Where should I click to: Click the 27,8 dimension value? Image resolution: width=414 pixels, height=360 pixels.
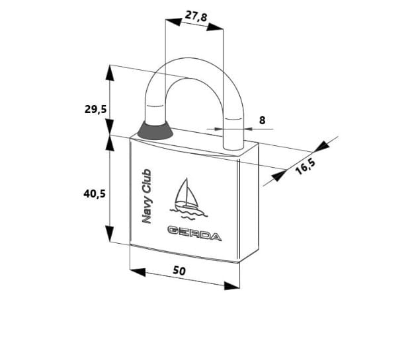pyautogui.click(x=196, y=16)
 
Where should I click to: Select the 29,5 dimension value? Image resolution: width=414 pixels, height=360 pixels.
pyautogui.click(x=95, y=109)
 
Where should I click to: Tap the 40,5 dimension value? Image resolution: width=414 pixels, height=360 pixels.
pyautogui.click(x=95, y=194)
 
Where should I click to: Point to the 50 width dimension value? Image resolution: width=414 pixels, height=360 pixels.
pyautogui.click(x=179, y=271)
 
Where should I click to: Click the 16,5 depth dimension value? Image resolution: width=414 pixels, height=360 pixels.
pyautogui.click(x=305, y=167)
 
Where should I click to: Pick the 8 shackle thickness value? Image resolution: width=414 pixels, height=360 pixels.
pyautogui.click(x=262, y=120)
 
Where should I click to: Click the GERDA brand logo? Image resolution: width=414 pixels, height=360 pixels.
pyautogui.click(x=194, y=233)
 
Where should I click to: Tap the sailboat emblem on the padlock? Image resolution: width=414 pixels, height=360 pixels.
pyautogui.click(x=188, y=199)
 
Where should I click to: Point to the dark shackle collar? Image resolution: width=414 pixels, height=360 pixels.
pyautogui.click(x=155, y=131)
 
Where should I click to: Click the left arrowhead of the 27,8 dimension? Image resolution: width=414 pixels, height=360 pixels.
pyautogui.click(x=173, y=22)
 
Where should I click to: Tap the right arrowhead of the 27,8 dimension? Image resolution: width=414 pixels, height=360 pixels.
pyautogui.click(x=215, y=27)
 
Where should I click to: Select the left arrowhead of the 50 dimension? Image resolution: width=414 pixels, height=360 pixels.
pyautogui.click(x=138, y=272)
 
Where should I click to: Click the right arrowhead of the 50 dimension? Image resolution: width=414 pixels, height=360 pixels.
pyautogui.click(x=232, y=286)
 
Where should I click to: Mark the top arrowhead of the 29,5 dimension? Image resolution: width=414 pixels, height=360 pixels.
pyautogui.click(x=110, y=73)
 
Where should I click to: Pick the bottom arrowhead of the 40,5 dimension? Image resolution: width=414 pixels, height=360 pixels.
pyautogui.click(x=110, y=234)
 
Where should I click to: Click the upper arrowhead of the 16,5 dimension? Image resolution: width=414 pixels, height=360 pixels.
pyautogui.click(x=322, y=147)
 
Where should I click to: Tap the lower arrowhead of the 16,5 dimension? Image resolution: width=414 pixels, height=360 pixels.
pyautogui.click(x=279, y=176)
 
